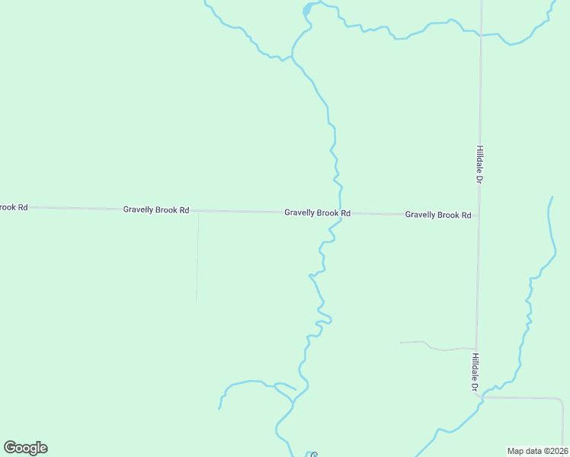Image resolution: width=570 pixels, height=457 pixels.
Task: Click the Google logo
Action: [26, 448]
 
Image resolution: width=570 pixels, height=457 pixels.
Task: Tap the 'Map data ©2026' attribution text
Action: [537, 451]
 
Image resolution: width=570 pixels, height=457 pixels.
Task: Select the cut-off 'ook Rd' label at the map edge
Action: [13, 207]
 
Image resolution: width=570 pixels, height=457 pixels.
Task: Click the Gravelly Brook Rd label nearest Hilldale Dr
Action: [437, 215]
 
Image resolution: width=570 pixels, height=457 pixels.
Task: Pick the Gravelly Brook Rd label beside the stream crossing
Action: [317, 213]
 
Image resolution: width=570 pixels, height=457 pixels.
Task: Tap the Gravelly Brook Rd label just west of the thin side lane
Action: [155, 209]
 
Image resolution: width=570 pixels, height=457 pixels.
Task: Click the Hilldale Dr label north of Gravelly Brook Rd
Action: [479, 165]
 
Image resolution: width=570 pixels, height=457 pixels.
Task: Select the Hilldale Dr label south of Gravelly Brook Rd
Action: [474, 372]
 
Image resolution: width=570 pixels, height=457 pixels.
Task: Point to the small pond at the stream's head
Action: [307, 10]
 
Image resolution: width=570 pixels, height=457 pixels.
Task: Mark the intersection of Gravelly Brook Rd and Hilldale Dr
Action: [479, 215]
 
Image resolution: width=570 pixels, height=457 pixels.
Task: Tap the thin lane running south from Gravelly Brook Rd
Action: [197, 259]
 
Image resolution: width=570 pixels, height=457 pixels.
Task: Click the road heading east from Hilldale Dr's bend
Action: [526, 398]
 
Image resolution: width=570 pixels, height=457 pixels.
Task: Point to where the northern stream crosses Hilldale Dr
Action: [480, 34]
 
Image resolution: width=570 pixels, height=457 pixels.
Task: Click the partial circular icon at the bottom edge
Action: [313, 455]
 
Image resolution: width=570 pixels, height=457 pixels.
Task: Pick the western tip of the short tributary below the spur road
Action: [219, 408]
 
